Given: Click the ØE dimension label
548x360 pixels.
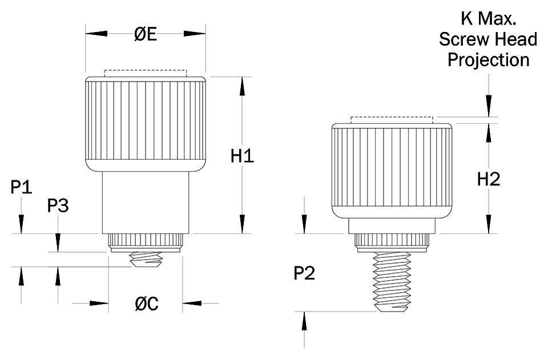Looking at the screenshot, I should (x=146, y=34).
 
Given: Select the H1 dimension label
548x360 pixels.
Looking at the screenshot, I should (x=242, y=156).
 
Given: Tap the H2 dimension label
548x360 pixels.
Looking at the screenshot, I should (x=489, y=179).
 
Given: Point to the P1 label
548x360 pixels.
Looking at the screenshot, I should (x=22, y=187).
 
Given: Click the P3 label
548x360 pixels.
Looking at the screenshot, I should (x=58, y=205).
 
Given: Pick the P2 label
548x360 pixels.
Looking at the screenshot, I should (x=304, y=274).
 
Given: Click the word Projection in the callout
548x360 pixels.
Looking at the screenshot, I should (x=488, y=59).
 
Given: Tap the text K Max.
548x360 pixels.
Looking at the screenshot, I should (x=488, y=19).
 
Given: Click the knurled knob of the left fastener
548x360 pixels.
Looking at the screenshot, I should (x=146, y=123).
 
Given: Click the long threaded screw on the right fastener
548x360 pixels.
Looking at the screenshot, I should (x=392, y=283).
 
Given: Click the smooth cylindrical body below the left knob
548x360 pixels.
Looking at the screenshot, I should (x=146, y=202).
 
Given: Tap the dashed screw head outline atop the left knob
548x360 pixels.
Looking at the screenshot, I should (x=146, y=73).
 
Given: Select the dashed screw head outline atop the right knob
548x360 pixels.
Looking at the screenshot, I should (x=392, y=120).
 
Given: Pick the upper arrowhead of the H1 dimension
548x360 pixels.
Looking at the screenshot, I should (x=243, y=86).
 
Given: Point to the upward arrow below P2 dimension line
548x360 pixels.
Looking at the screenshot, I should (x=304, y=322).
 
